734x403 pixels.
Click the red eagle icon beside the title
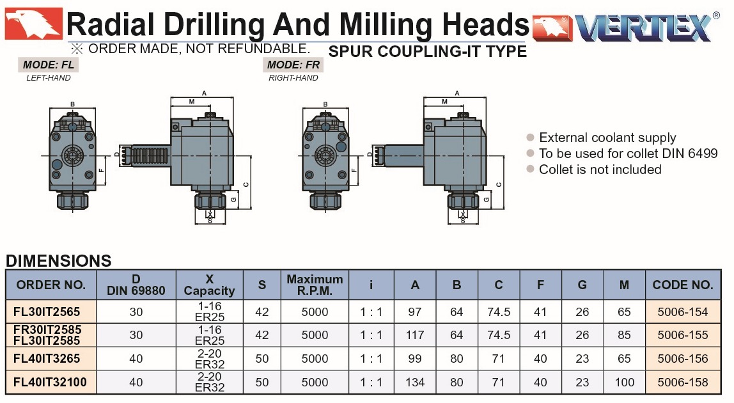33,24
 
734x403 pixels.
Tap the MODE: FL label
48,65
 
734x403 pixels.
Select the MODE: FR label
293,65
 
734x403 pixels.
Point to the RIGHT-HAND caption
293,78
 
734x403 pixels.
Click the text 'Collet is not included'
600,169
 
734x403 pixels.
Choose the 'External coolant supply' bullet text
607,138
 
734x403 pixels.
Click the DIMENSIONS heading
59,260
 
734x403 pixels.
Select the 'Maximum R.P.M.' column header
315,285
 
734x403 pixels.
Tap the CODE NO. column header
683,285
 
